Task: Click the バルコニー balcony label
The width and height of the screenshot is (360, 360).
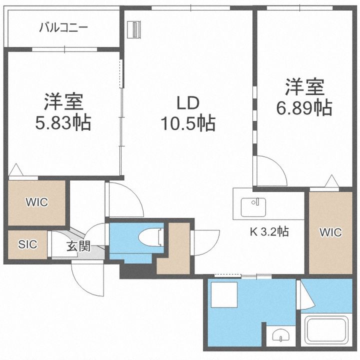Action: click(63, 28)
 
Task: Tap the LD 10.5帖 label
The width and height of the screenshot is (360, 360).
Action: click(188, 113)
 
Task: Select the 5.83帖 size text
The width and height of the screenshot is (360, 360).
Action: click(63, 123)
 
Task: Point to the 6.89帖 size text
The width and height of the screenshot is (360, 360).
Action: click(304, 107)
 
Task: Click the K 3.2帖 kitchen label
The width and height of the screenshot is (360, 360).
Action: click(269, 231)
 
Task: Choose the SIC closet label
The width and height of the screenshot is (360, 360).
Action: click(27, 244)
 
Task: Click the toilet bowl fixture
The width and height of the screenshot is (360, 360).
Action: click(151, 237)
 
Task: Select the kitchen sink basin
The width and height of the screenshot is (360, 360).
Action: click(253, 207)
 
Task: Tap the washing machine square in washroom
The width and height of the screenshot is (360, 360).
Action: click(224, 294)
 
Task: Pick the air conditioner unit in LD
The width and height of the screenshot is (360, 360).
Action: click(134, 29)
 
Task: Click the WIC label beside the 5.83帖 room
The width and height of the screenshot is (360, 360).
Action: click(37, 202)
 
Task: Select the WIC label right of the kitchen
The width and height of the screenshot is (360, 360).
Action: click(330, 232)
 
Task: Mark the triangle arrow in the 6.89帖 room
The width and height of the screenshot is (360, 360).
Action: click(332, 181)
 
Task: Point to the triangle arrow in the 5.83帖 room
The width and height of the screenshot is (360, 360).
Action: click(16, 169)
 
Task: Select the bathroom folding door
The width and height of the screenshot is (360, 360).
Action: click(305, 295)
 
